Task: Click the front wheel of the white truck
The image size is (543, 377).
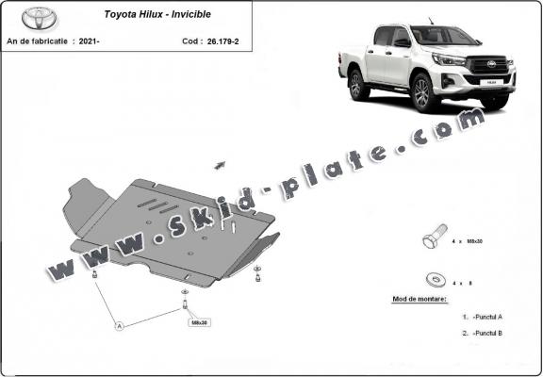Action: click(x=420, y=92)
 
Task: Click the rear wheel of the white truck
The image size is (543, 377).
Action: click(x=358, y=85)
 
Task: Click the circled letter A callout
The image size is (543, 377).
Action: click(x=119, y=325)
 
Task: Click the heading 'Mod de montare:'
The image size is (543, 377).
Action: click(x=420, y=299)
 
